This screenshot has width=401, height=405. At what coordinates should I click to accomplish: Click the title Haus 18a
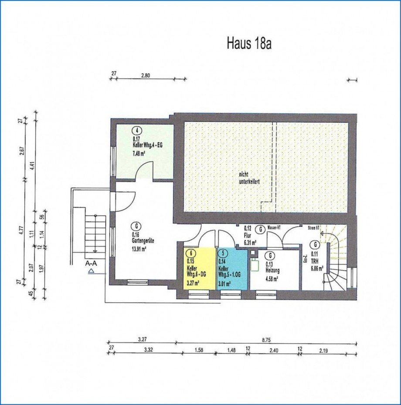(249, 44)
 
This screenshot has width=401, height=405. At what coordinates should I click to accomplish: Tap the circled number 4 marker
(137, 130)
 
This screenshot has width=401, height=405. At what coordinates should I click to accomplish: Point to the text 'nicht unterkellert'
(249, 178)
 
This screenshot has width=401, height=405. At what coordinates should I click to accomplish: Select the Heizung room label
(272, 270)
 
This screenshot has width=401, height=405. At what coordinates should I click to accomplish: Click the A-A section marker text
(92, 263)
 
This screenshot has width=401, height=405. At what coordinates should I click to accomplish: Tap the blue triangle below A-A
(91, 271)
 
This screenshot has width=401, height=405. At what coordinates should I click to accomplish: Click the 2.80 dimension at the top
(145, 75)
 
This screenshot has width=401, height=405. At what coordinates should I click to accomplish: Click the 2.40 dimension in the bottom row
(273, 349)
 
